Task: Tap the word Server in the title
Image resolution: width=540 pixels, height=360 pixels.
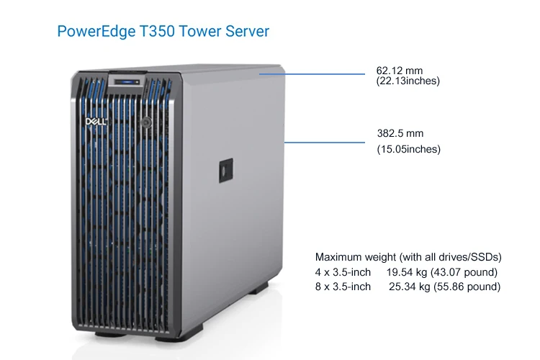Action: pos(246,32)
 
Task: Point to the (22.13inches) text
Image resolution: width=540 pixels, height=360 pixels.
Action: pos(408,81)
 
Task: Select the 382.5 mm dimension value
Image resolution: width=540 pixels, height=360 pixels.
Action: pos(400,133)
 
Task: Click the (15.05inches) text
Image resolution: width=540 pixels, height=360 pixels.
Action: pos(409,149)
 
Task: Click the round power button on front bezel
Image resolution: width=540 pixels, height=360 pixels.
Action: pos(146,122)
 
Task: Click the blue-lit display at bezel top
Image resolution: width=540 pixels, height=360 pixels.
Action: pos(127,81)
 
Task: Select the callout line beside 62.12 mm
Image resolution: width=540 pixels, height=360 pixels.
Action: pos(313,73)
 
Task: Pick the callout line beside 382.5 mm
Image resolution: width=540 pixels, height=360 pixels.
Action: pos(325,143)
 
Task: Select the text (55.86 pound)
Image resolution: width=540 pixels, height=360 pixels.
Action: pos(468,287)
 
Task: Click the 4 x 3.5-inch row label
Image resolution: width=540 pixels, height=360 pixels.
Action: pos(343,272)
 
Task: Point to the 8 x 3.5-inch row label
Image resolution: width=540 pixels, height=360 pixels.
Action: pos(343,287)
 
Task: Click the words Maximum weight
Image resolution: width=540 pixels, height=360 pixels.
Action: pos(353,257)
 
